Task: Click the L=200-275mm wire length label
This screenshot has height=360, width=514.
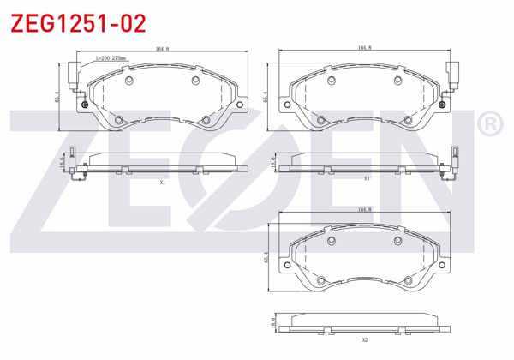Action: pos(110,59)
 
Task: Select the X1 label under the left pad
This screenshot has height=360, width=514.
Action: pos(162,182)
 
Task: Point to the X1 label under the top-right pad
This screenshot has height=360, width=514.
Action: pos(366,178)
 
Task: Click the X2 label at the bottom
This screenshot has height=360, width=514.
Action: pos(364,340)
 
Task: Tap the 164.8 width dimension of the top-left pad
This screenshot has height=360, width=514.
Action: pos(161,50)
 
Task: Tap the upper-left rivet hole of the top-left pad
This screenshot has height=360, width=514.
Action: pos(128,81)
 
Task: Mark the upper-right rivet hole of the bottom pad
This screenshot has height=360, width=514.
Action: pos(398,241)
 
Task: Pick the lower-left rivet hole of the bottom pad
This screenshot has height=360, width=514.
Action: pos(321,280)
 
